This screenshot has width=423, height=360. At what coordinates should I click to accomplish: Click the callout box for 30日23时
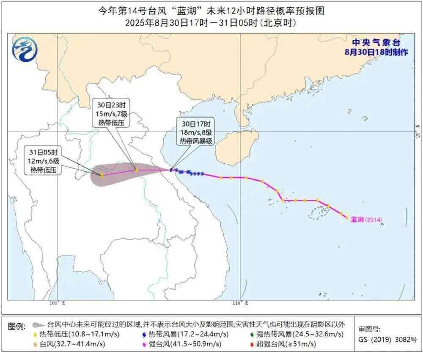point(111,112)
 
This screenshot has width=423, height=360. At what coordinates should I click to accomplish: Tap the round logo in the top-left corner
point(25,49)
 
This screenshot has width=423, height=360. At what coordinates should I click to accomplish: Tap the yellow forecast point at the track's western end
point(102,175)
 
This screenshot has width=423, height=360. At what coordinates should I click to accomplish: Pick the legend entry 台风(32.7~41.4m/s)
point(70,344)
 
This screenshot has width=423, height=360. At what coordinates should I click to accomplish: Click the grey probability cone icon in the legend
point(38,325)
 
